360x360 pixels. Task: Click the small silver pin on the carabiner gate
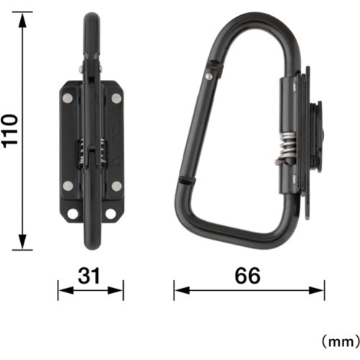click(210, 71)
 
